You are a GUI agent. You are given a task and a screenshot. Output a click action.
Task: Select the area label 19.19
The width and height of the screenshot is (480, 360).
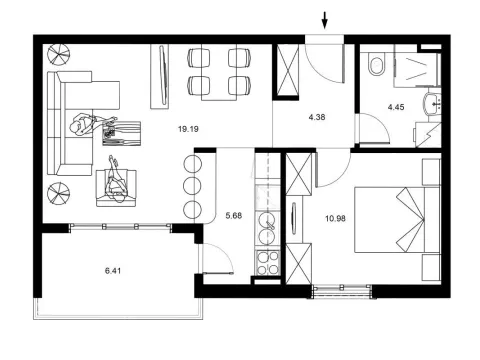187,129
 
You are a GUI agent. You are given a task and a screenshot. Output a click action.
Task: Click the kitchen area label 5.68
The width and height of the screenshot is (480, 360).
235,213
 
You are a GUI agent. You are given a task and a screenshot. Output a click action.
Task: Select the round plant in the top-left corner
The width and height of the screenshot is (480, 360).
58,54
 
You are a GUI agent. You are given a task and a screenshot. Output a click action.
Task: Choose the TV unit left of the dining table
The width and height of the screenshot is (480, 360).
157,74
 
